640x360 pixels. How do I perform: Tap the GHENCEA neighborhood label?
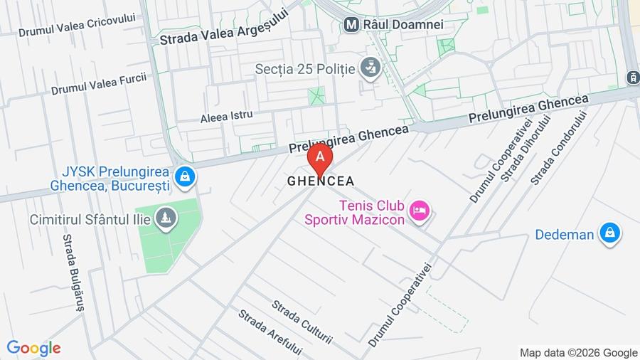tap(321, 181)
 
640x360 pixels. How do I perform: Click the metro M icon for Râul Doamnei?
tap(351, 24)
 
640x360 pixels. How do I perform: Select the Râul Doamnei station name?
tap(403, 24)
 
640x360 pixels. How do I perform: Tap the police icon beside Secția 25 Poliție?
tap(370, 68)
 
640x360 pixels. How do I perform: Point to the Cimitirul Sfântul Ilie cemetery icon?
tap(166, 218)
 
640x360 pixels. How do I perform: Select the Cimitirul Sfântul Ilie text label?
tap(90, 219)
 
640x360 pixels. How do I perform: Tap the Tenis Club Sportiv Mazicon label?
tap(355, 212)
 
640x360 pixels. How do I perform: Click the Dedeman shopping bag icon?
tap(609, 233)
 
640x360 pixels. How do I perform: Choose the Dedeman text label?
tap(565, 234)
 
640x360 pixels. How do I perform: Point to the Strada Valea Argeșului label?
tap(224, 26)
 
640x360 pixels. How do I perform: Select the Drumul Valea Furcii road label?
tap(99, 83)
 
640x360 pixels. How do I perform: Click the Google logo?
tap(33, 348)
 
